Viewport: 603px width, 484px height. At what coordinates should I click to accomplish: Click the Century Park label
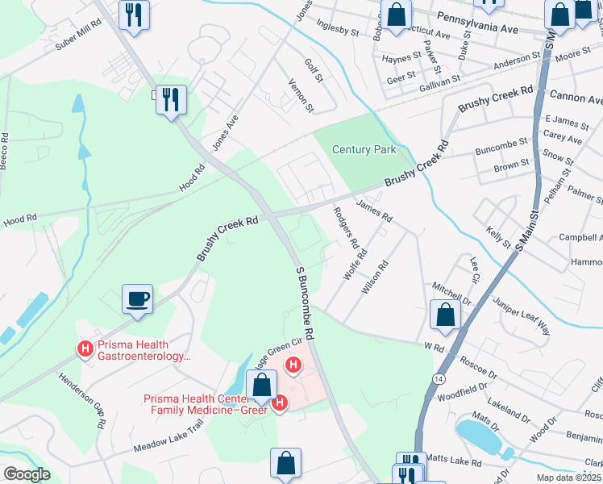[x=365, y=150]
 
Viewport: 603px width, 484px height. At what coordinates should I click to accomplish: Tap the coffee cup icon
[x=137, y=298]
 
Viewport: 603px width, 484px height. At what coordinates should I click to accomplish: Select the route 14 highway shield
[x=438, y=378]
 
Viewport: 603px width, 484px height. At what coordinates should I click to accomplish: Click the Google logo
[x=27, y=474]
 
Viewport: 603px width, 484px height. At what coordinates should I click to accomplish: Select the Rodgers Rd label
[x=346, y=227]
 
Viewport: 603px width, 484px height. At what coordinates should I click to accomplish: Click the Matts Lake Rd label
[x=453, y=463]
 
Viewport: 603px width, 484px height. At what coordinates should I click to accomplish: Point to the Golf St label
[x=314, y=69]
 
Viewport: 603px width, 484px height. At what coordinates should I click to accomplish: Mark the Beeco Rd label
[x=6, y=149]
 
